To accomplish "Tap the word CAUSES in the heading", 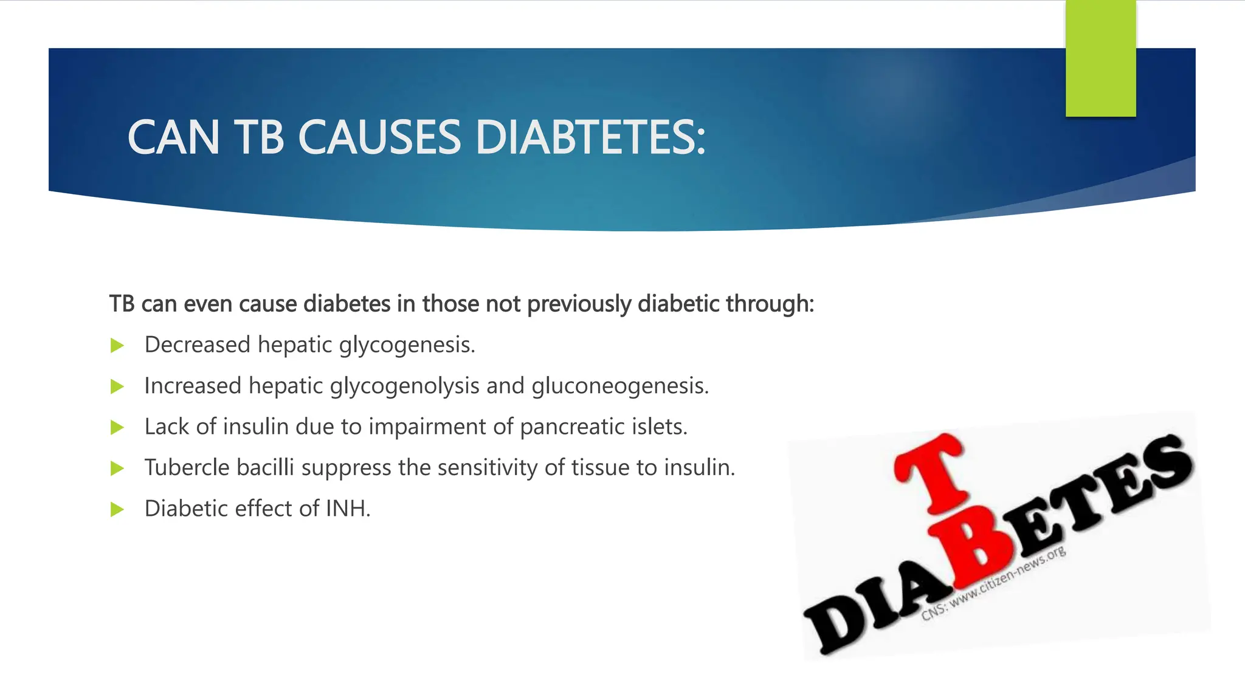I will tap(379, 137).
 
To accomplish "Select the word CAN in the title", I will tap(173, 137).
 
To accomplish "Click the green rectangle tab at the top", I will tap(1100, 58).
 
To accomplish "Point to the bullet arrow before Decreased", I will tap(117, 346).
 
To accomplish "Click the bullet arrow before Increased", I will tap(117, 387).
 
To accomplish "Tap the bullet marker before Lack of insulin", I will tap(117, 428).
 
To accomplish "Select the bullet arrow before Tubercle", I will tap(117, 468).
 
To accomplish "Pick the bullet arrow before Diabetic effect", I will tap(117, 509).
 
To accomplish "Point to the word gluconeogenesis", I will tap(620, 386).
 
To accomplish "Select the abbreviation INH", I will tap(348, 509).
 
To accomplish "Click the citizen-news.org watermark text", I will tap(994, 583).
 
